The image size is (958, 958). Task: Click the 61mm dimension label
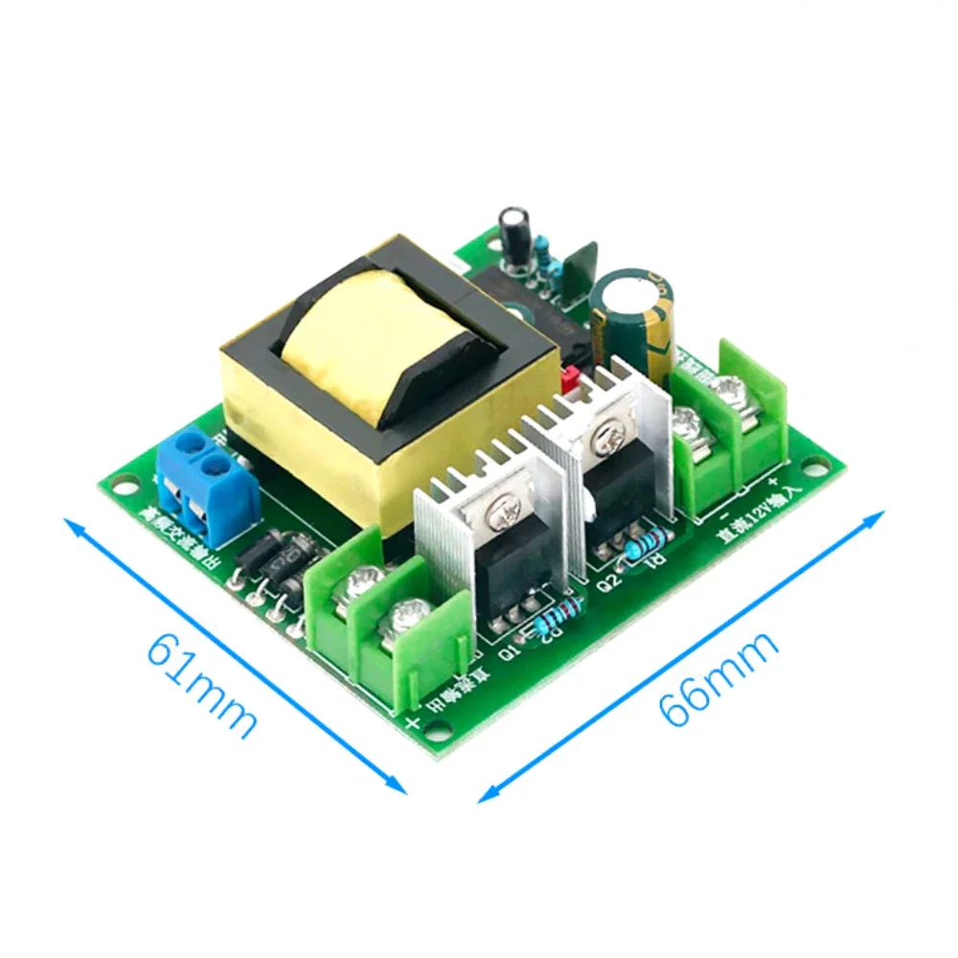(201, 685)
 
